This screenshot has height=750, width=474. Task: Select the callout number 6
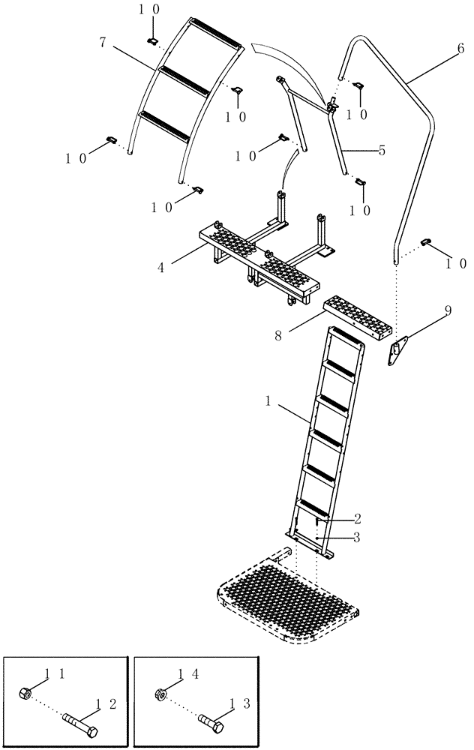tap(451, 65)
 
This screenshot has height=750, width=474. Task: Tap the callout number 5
tap(382, 150)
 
